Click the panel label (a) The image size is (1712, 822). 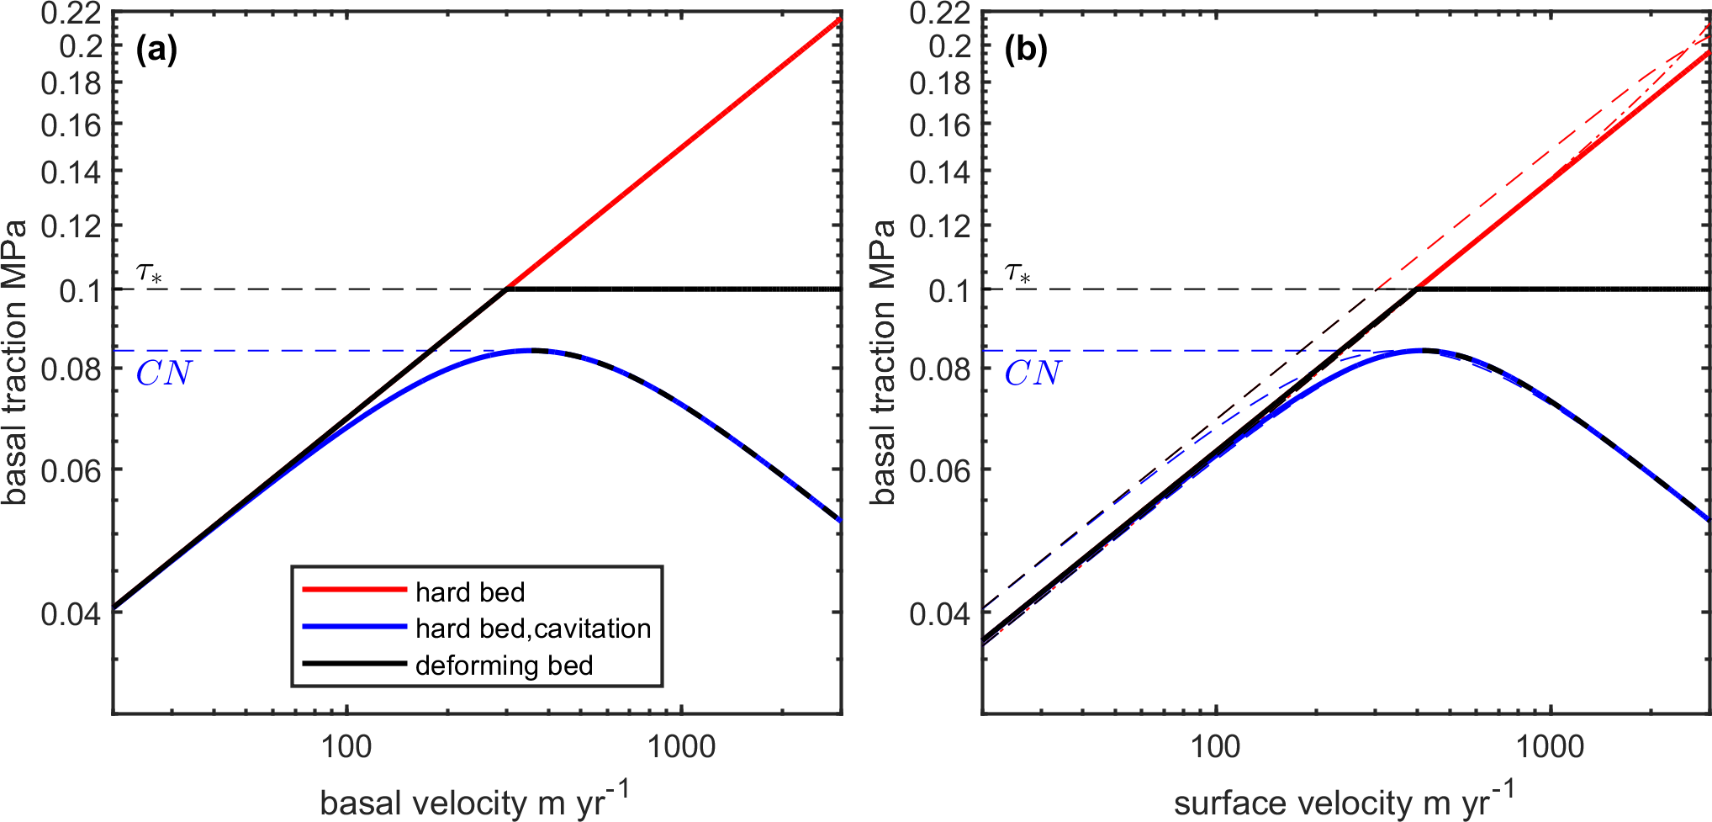coord(156,50)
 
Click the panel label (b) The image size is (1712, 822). coord(1026,50)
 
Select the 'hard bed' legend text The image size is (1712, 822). coord(470,592)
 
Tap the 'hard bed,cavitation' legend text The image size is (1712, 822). coord(533,628)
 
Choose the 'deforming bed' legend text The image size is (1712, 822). coord(505,666)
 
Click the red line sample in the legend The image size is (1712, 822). coord(354,590)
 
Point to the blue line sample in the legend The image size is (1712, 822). coord(354,627)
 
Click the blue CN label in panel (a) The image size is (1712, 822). coord(164,374)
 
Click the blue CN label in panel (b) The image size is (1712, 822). coord(1033,374)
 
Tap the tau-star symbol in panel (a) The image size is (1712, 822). coord(150,273)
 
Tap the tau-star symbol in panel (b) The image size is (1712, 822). coord(1018,273)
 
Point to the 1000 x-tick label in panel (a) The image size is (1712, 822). coord(681,747)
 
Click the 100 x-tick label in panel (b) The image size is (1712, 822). coord(1216,747)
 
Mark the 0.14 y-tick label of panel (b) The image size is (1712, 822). coord(939,172)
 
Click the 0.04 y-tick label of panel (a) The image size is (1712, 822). coord(71,613)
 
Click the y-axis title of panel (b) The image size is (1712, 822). coord(883,362)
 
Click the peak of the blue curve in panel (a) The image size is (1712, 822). coord(530,350)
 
